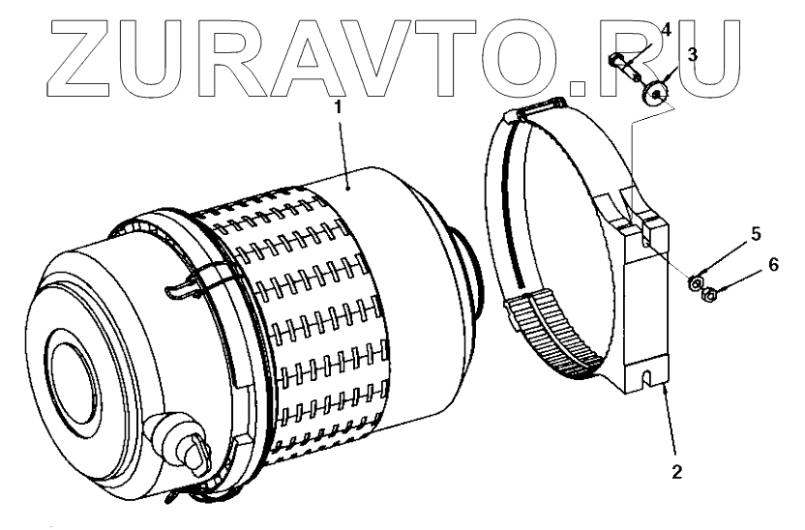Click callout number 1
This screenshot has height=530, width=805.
tap(338, 107)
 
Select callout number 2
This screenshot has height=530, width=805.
tap(677, 473)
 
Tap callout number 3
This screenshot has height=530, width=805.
tap(692, 55)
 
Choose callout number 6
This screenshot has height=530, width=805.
tap(772, 265)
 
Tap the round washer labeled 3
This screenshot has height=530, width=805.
tap(658, 93)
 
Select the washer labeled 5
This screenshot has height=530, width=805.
tap(695, 283)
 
